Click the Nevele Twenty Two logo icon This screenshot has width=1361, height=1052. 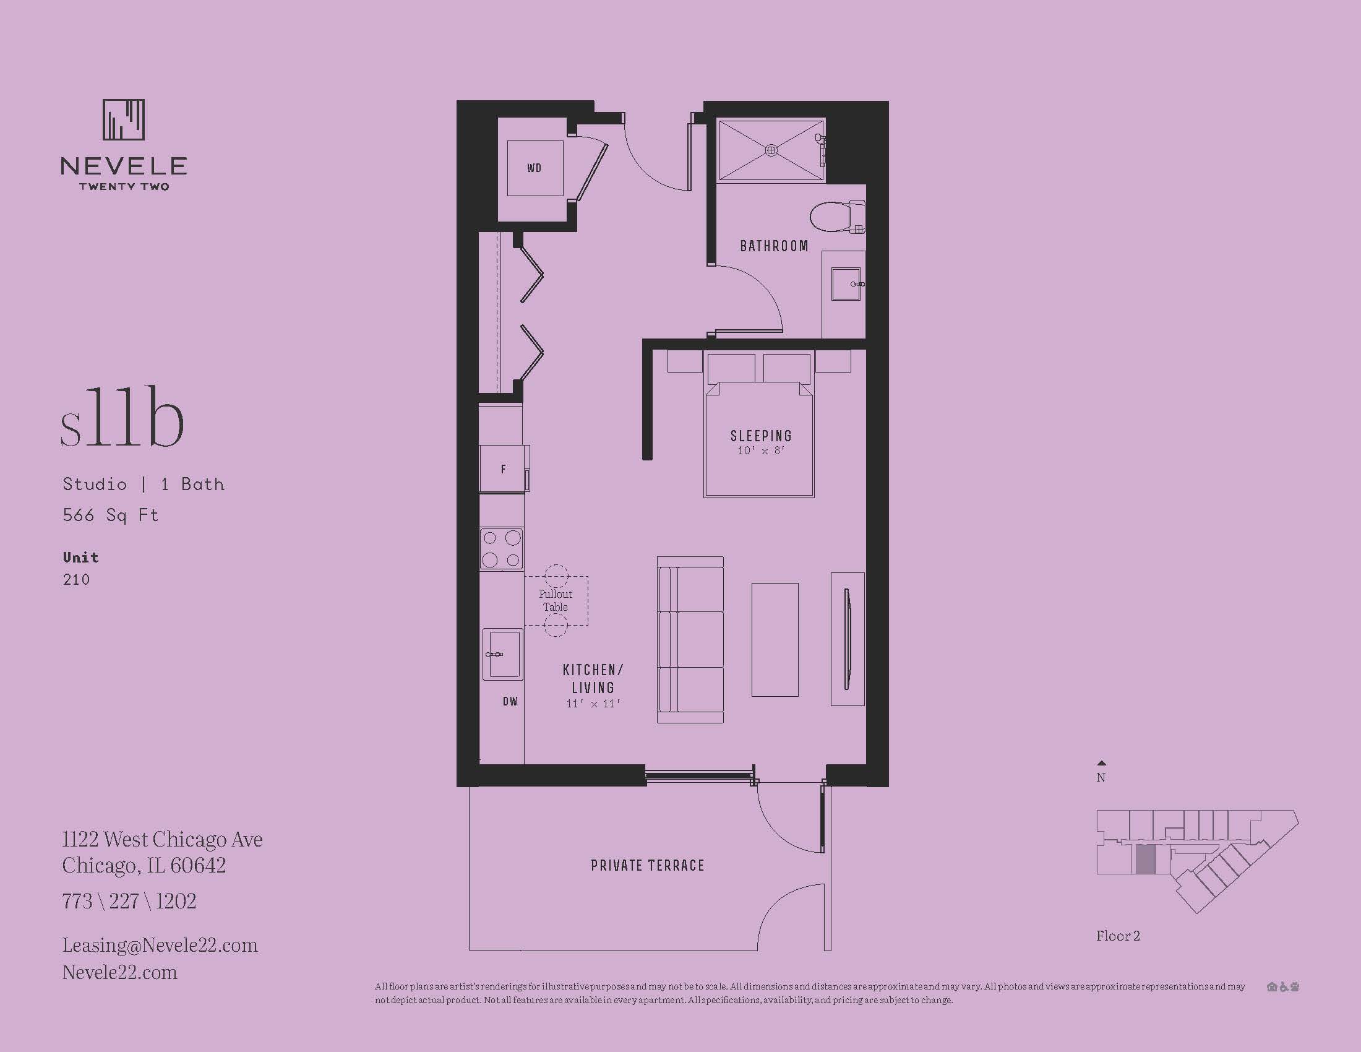click(123, 119)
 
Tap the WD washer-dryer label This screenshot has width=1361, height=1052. click(534, 168)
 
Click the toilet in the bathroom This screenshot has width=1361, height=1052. click(838, 216)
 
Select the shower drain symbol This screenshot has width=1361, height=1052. click(771, 150)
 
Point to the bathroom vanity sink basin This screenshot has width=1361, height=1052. click(846, 284)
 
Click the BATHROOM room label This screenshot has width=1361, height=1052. click(774, 246)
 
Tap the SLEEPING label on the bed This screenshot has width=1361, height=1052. click(761, 436)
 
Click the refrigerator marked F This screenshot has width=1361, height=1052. click(504, 468)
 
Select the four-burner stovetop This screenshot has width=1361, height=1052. click(501, 548)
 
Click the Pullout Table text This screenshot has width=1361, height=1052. click(556, 601)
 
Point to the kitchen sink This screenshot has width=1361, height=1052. click(502, 653)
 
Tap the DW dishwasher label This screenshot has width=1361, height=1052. click(510, 701)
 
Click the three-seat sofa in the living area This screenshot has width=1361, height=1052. click(690, 640)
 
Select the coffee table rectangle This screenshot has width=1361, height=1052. click(775, 639)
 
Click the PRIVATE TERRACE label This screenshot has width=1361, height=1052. click(648, 865)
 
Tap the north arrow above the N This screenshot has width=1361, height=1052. click(1101, 763)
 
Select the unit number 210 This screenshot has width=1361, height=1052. click(76, 580)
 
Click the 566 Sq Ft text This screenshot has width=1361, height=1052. click(110, 515)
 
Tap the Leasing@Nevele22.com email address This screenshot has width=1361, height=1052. click(160, 945)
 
